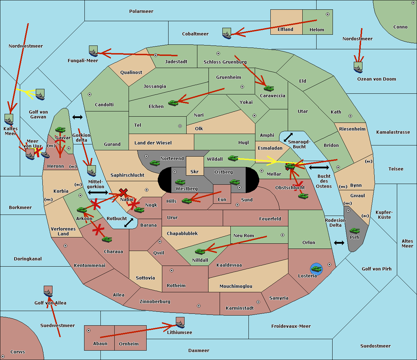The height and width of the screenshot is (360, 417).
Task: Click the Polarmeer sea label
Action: [x=141, y=11]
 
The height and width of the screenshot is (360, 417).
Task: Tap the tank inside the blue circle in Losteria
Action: [x=316, y=269]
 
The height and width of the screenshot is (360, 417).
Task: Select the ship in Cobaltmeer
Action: [x=227, y=33]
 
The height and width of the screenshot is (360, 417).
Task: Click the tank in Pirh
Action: [x=354, y=231]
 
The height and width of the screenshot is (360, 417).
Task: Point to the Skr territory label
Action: [x=194, y=171]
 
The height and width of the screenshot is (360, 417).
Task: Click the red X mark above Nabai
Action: [x=123, y=192]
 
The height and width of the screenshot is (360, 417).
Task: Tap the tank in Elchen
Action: [x=173, y=103]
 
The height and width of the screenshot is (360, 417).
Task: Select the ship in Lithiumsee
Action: [x=180, y=323]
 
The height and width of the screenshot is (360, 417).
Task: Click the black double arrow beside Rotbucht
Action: [x=129, y=223]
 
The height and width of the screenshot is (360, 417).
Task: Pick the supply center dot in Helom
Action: [x=328, y=14]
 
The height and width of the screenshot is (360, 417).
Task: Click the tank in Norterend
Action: [x=155, y=163]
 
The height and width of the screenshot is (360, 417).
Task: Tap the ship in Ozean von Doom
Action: [x=358, y=67]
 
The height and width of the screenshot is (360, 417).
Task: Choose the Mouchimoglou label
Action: [x=236, y=286]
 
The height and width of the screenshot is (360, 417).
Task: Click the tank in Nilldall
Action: [x=200, y=251]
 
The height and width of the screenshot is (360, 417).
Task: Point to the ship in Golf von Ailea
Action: [x=48, y=291]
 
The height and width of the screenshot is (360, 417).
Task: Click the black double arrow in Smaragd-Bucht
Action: [x=288, y=137]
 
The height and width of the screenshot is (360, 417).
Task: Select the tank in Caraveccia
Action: [x=269, y=88]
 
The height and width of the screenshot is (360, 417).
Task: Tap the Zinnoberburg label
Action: [x=155, y=302]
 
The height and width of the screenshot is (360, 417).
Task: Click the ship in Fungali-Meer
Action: [x=93, y=51]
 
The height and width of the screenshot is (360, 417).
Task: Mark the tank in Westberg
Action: [x=180, y=182]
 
